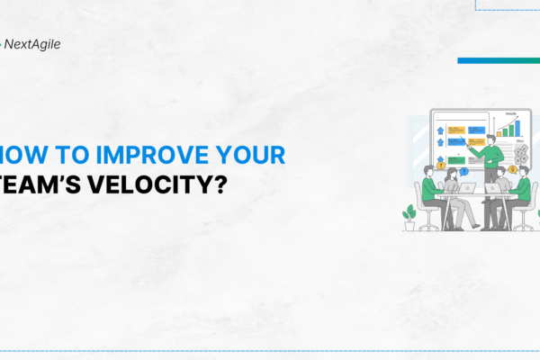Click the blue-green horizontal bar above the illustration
[498, 60]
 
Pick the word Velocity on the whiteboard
[511, 114]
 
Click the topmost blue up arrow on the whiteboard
[440, 129]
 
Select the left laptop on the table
[466, 188]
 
